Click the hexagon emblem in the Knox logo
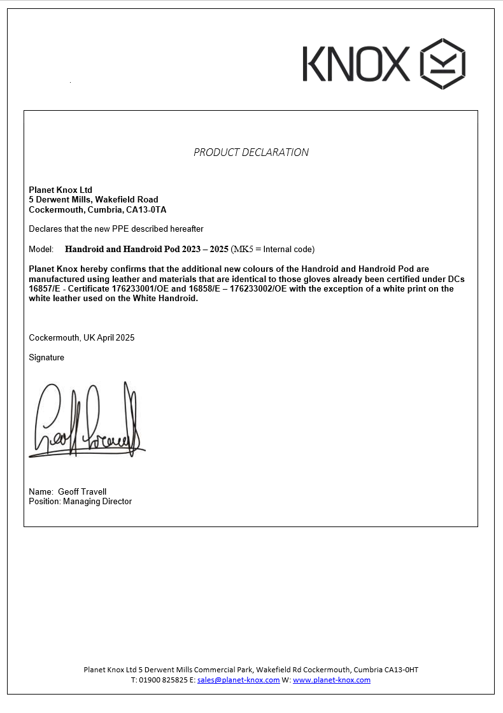(x=443, y=64)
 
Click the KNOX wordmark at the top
(x=357, y=64)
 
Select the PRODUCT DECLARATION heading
(x=251, y=152)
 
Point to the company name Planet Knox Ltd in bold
(x=60, y=190)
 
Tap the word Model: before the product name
(x=41, y=249)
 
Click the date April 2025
(x=117, y=337)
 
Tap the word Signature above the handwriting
(x=46, y=358)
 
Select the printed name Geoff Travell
(x=82, y=491)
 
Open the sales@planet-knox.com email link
(x=239, y=680)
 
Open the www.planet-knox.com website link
(x=332, y=680)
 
